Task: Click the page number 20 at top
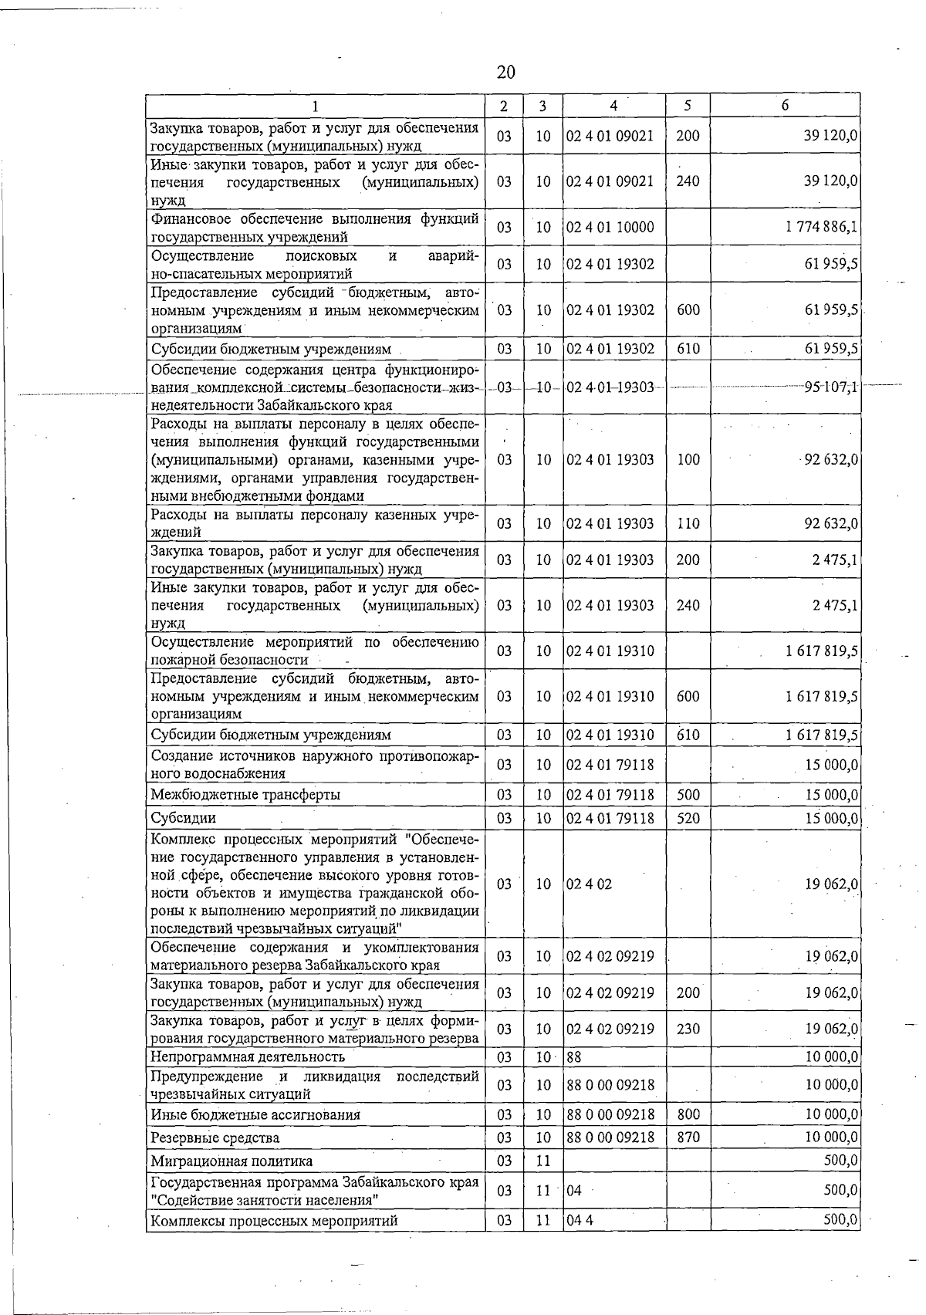point(505,73)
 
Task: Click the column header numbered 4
point(613,106)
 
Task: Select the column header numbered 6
point(784,106)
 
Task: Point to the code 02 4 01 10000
point(610,227)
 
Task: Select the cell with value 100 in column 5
point(687,460)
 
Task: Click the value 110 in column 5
point(687,523)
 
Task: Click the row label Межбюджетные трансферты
point(245,794)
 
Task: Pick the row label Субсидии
point(184,817)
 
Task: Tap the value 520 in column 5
point(687,817)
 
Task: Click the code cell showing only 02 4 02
point(589,884)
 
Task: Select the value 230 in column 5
point(687,1029)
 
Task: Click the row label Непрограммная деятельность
point(248,1056)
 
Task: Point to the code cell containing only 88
point(574,1056)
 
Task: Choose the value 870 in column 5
point(687,1138)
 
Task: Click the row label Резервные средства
point(215,1138)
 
